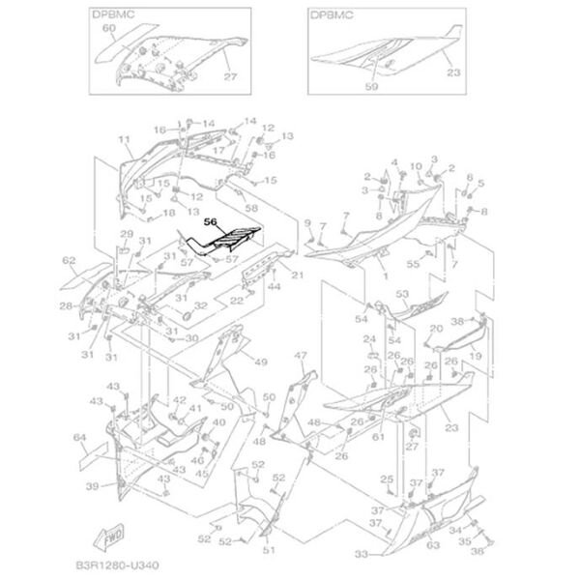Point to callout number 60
pos(108,29)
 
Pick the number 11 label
pos(124,141)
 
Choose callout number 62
pos(69,261)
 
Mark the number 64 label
pos(80,439)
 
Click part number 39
pos(91,485)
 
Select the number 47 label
pos(301,356)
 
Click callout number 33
pos(361,555)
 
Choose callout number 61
pos(378,439)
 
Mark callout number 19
pos(477,356)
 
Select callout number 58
pos(251,208)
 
